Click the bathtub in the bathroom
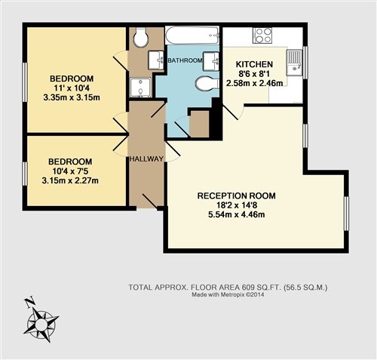tap(192, 35)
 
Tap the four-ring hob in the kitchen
tap(263, 35)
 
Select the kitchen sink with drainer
tap(294, 62)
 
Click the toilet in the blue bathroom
tap(207, 84)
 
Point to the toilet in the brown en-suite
tap(141, 37)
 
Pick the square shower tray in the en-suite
tap(141, 88)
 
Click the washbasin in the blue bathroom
tap(210, 61)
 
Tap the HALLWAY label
tap(146, 159)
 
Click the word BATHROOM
tap(185, 60)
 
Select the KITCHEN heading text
tap(254, 64)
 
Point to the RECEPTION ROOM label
tap(237, 195)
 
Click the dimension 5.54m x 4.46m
tap(237, 215)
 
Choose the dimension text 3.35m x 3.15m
tap(72, 97)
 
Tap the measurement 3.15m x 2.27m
tap(70, 180)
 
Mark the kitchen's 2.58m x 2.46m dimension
tap(255, 83)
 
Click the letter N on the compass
tap(30, 302)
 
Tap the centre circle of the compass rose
tap(41, 323)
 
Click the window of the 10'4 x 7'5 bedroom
tap(25, 174)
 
